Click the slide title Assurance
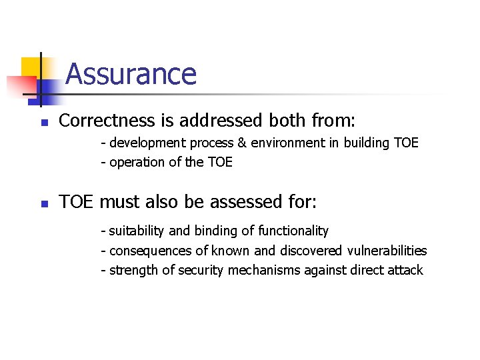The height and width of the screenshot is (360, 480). (x=131, y=74)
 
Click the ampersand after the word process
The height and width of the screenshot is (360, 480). (x=241, y=143)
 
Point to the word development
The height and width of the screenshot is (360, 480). (x=147, y=143)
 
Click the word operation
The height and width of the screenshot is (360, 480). (x=135, y=162)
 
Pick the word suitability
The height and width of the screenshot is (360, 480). (x=137, y=231)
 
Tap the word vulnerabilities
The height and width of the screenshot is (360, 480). (x=387, y=251)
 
